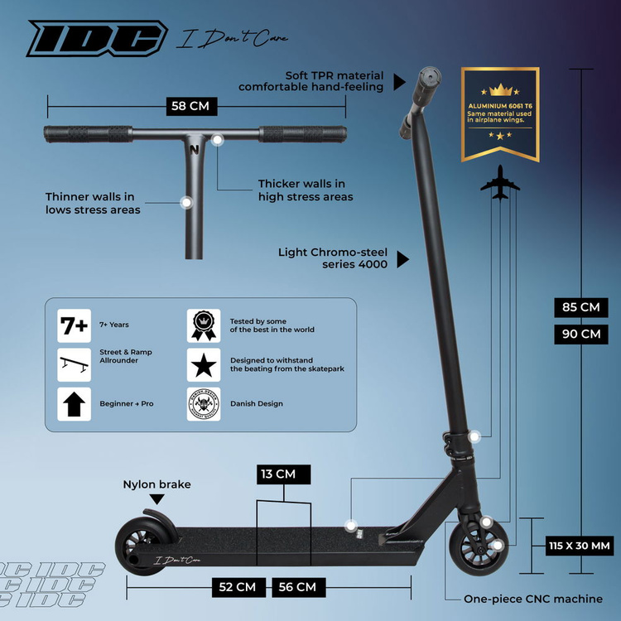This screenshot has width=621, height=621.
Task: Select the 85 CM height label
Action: point(580,307)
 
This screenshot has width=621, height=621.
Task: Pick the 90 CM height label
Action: point(580,335)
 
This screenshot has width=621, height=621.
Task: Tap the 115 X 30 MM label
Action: point(580,546)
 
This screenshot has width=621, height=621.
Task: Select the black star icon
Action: point(203,364)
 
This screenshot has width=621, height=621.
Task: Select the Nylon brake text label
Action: point(156,484)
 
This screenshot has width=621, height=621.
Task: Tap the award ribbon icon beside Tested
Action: point(203,325)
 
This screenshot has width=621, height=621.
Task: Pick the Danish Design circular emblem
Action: point(203,404)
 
